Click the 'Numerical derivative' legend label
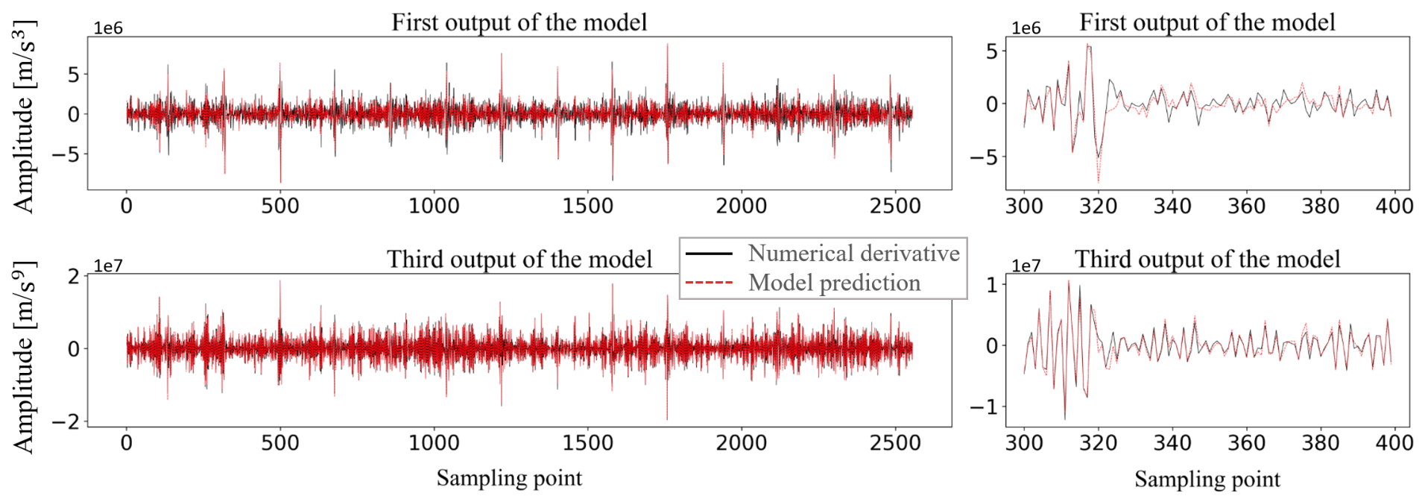[853, 254]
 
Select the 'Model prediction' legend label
[834, 283]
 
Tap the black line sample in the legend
[709, 254]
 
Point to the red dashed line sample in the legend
[709, 283]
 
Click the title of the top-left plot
[519, 22]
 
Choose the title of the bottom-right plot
[1207, 260]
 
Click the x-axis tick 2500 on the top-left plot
[895, 206]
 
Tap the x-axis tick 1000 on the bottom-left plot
[434, 443]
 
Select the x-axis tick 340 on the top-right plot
[1172, 206]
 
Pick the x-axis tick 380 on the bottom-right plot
[1320, 443]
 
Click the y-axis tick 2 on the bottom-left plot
[73, 276]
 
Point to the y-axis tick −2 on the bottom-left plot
[66, 422]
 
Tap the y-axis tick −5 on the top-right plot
[984, 157]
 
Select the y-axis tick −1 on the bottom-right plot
[984, 407]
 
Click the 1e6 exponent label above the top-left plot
[108, 28]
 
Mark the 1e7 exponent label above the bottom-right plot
[1026, 266]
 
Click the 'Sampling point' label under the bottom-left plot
[509, 478]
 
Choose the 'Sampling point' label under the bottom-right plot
[1207, 480]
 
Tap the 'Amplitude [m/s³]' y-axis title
[24, 116]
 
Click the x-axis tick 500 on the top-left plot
[280, 206]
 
